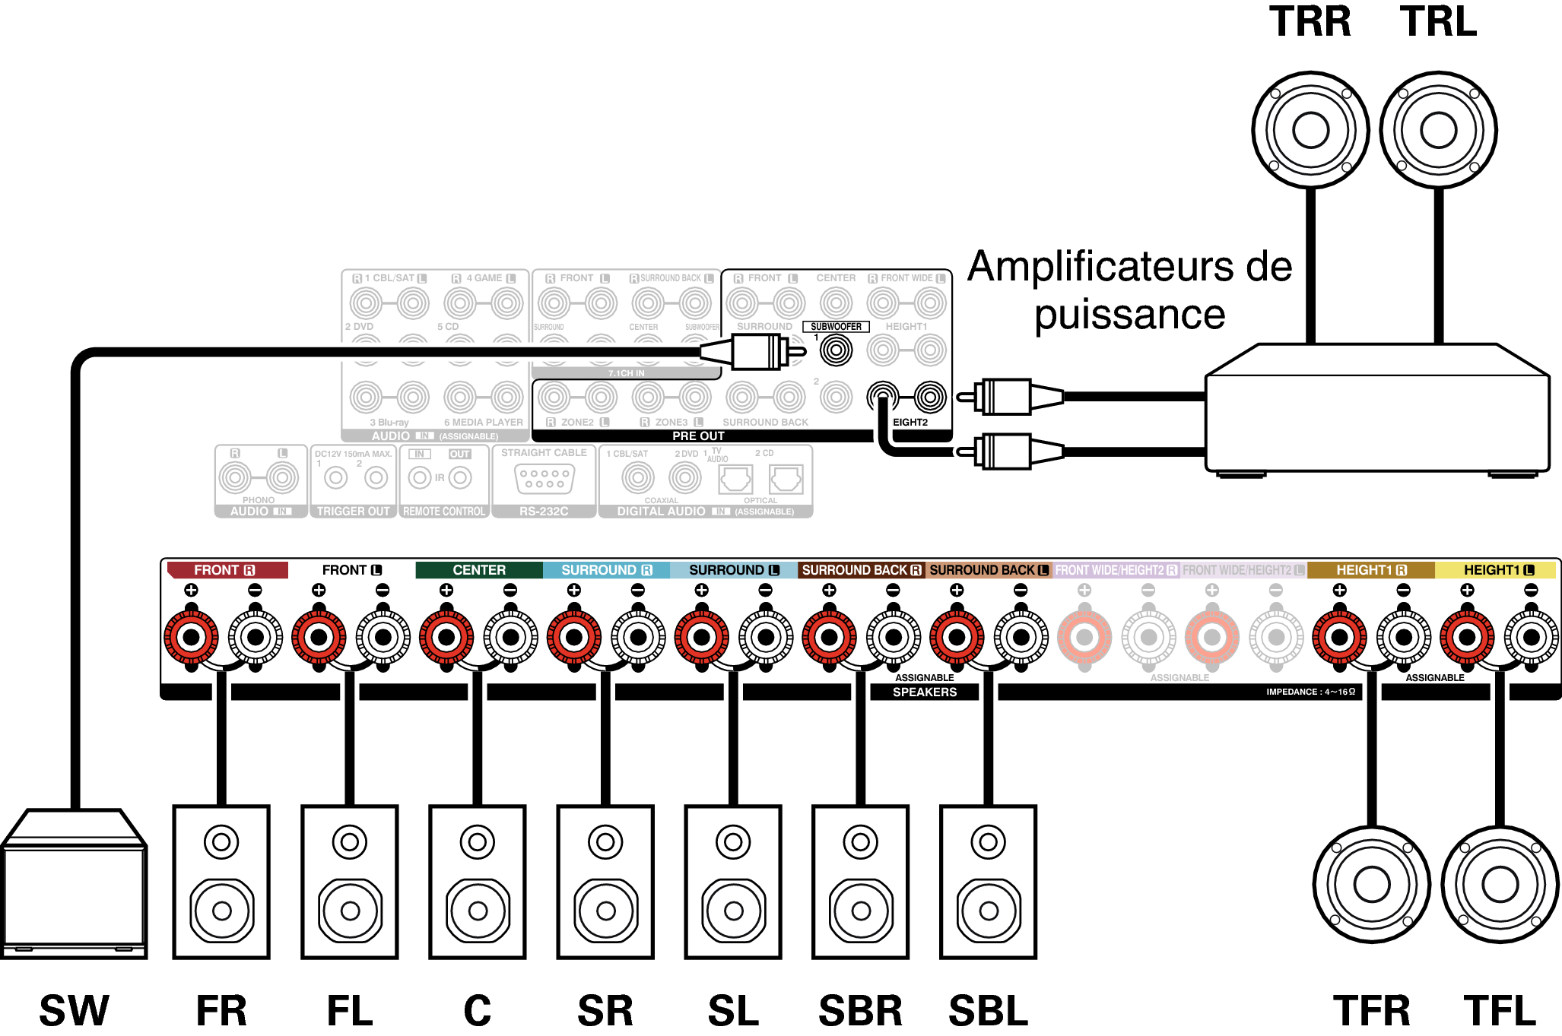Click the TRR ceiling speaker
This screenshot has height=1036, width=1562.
click(x=1310, y=130)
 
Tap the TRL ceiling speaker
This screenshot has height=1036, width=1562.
click(x=1438, y=130)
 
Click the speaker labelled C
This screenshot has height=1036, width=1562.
click(x=478, y=882)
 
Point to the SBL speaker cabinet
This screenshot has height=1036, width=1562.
click(x=988, y=882)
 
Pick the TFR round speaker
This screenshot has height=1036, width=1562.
click(x=1372, y=884)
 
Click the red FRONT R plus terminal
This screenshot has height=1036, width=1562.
click(x=192, y=637)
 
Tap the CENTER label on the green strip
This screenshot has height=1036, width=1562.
click(x=479, y=570)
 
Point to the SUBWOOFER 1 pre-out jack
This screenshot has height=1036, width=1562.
click(x=836, y=350)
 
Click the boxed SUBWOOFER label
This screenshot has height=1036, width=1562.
click(x=836, y=327)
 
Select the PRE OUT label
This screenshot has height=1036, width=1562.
click(x=698, y=436)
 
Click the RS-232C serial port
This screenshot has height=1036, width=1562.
click(x=544, y=479)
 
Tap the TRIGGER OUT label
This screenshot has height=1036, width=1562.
click(x=353, y=512)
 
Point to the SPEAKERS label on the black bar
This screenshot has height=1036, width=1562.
click(x=925, y=692)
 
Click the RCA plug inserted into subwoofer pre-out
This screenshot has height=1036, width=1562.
click(x=753, y=352)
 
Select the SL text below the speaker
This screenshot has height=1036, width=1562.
click(x=733, y=1011)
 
